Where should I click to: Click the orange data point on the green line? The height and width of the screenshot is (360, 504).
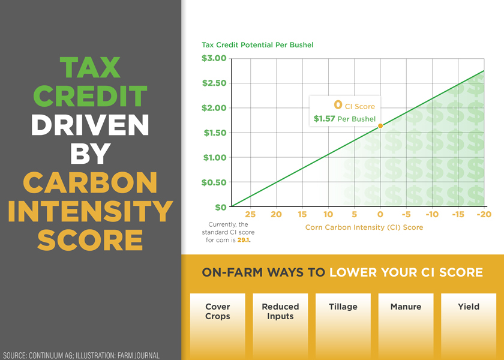click(380, 125)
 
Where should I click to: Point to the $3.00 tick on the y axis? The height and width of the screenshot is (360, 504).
click(213, 58)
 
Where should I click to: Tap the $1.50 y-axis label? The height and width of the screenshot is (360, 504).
click(213, 133)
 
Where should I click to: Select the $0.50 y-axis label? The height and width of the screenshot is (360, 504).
click(213, 182)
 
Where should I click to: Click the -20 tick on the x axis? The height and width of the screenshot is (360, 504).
click(483, 214)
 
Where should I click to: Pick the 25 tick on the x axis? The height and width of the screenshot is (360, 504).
click(250, 214)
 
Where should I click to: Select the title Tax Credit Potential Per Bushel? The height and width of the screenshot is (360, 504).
click(257, 45)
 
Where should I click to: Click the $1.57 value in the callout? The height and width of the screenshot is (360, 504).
click(324, 119)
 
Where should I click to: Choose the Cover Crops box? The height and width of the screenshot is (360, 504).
click(218, 324)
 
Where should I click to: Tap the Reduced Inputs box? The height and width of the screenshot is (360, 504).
click(280, 324)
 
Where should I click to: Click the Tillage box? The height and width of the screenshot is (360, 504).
click(343, 324)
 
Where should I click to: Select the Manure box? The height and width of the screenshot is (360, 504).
click(406, 324)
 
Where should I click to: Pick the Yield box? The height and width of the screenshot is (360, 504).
click(469, 324)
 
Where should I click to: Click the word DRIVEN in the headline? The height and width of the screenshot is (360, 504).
click(90, 125)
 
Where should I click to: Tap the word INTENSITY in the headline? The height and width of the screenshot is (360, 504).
click(90, 211)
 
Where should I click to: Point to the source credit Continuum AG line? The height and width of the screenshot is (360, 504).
click(81, 355)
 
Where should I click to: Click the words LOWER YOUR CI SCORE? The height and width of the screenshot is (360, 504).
click(406, 272)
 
